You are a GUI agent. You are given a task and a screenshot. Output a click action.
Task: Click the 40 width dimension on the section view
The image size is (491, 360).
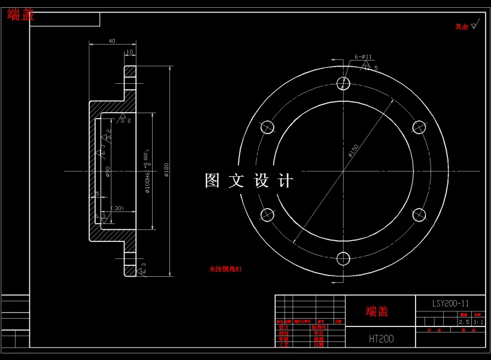112,41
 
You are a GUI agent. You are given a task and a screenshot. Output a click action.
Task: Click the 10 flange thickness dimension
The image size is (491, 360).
129,52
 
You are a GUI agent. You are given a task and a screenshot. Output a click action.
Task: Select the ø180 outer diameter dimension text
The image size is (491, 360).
166,171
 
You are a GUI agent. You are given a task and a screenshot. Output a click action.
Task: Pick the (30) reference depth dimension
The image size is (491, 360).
117,208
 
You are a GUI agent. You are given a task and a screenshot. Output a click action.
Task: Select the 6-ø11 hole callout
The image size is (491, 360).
363,57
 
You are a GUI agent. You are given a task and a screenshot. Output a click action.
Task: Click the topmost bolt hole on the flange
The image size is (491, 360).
343,83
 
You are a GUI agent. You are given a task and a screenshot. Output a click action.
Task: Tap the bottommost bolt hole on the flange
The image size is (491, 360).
343,259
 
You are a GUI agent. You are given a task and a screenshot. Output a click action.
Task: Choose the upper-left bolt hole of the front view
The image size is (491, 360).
267,126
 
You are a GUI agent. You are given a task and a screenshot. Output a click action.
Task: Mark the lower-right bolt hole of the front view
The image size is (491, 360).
419,214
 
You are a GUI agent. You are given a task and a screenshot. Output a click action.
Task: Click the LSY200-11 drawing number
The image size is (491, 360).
450,304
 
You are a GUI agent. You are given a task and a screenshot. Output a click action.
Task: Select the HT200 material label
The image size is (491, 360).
381,339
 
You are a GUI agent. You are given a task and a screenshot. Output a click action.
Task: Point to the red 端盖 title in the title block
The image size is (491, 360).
377,311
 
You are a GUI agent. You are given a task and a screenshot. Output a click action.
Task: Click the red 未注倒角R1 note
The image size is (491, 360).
225,270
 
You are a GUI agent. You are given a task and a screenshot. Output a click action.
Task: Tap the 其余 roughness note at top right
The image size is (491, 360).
461,27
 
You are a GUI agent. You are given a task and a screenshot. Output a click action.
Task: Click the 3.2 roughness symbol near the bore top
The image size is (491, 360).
125,120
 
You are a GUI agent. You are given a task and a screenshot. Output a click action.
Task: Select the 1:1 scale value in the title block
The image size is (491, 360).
478,322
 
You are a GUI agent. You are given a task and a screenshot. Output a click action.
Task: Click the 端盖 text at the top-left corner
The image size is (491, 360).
21,15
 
